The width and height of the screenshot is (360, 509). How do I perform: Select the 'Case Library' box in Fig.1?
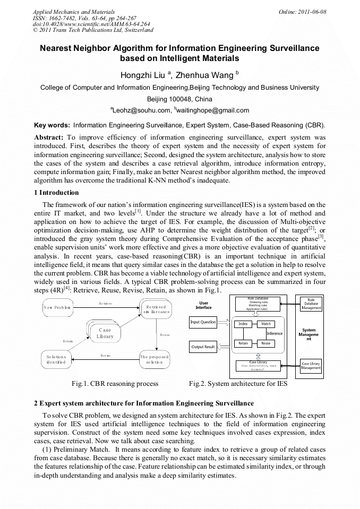coord(105,333)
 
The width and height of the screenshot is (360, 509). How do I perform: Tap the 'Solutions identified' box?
coord(56,360)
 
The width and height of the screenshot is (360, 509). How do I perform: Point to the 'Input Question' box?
coord(203,322)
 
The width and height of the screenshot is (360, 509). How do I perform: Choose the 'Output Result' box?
coord(203,347)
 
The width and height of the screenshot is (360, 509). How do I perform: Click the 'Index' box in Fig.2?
coord(243,324)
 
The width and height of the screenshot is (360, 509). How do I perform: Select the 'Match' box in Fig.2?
coord(265,324)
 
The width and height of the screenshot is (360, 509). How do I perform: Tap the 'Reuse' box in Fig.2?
coord(265,343)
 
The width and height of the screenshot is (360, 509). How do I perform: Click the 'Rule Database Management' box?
coord(311,304)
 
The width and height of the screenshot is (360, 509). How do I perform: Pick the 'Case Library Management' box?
coord(311,365)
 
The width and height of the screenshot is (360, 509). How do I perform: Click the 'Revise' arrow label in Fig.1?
coord(105,355)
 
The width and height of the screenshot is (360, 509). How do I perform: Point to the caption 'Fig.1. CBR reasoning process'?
coord(115,383)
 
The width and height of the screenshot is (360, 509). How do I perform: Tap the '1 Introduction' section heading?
coord(56,193)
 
